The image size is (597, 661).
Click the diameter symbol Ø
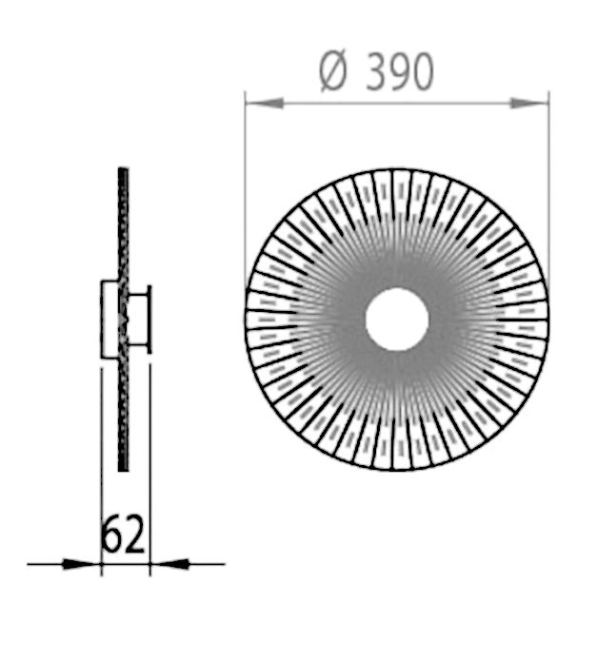(334, 72)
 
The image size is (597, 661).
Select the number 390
(400, 72)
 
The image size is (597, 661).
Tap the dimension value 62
(124, 536)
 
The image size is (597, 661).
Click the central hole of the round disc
(396, 320)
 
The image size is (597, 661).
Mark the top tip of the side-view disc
(122, 171)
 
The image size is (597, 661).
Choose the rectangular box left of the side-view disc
(109, 319)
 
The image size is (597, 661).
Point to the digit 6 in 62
(112, 536)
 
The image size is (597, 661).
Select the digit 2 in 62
(135, 536)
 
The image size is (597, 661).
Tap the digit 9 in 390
(400, 72)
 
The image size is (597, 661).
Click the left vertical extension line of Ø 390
(246, 190)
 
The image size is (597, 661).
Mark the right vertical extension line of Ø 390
(548, 190)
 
